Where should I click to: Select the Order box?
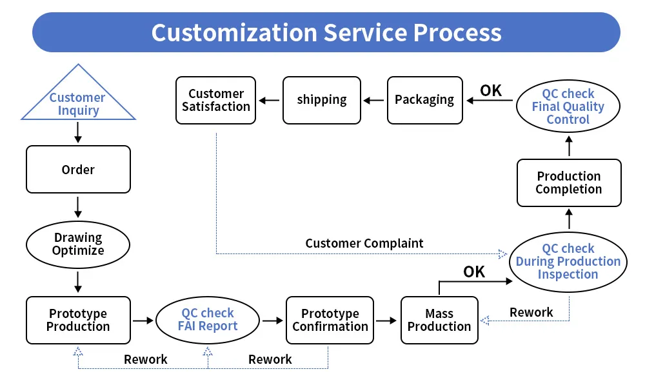pos(78,169)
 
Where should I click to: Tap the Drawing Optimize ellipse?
pos(78,244)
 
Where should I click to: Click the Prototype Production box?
pos(78,320)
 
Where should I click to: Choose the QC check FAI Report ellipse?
pos(208,320)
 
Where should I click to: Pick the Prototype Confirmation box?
pos(330,320)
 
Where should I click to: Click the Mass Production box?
pos(439,320)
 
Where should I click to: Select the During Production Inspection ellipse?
pos(568,262)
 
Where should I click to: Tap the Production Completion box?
pos(568,183)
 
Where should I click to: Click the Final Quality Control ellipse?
pos(568,106)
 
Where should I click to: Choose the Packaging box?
pos(424,100)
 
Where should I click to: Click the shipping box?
pos(322,100)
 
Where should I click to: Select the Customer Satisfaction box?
pos(216,100)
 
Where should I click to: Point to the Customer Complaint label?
pos(364,243)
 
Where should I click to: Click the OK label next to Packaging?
pos(491,90)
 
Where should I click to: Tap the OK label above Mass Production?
pos(474,272)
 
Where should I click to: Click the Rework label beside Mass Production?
pos(531,312)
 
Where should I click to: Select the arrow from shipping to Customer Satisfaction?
pos(269,100)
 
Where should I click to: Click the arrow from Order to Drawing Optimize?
pos(78,206)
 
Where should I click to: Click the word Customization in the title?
pos(233,32)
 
